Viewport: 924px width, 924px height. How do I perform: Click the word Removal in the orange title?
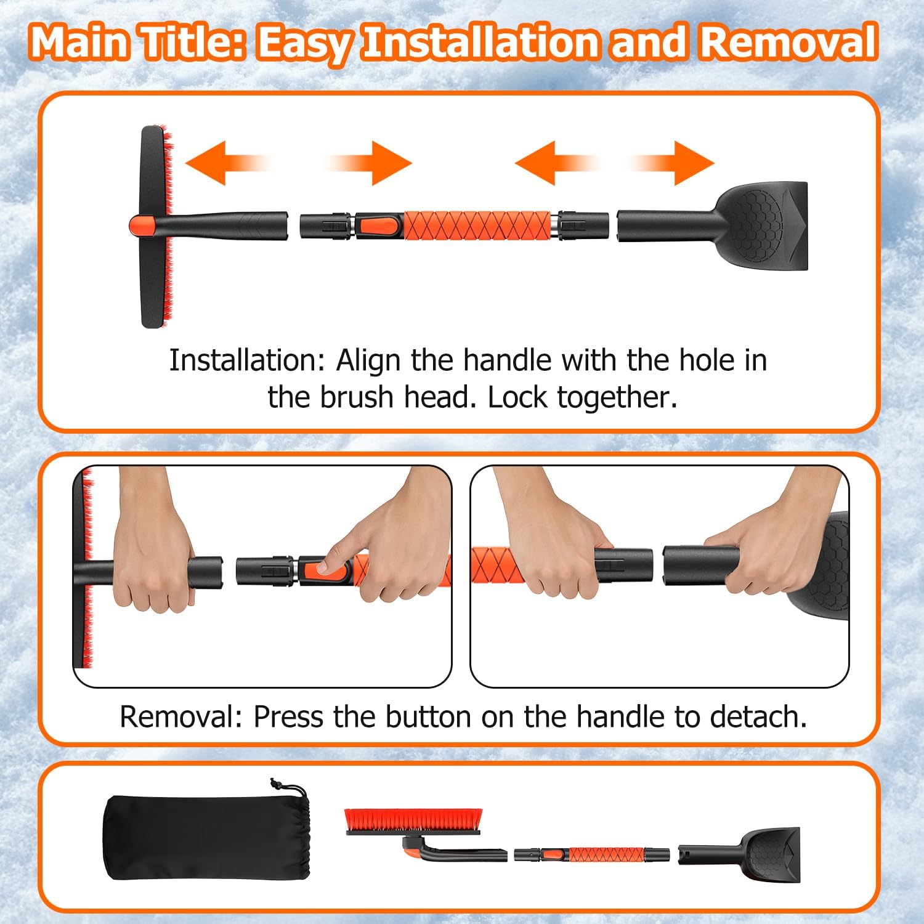[788, 42]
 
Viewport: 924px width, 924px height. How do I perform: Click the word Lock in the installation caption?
[519, 397]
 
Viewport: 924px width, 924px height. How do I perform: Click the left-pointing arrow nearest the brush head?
[225, 163]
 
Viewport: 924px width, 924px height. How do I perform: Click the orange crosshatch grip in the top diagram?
[477, 225]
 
